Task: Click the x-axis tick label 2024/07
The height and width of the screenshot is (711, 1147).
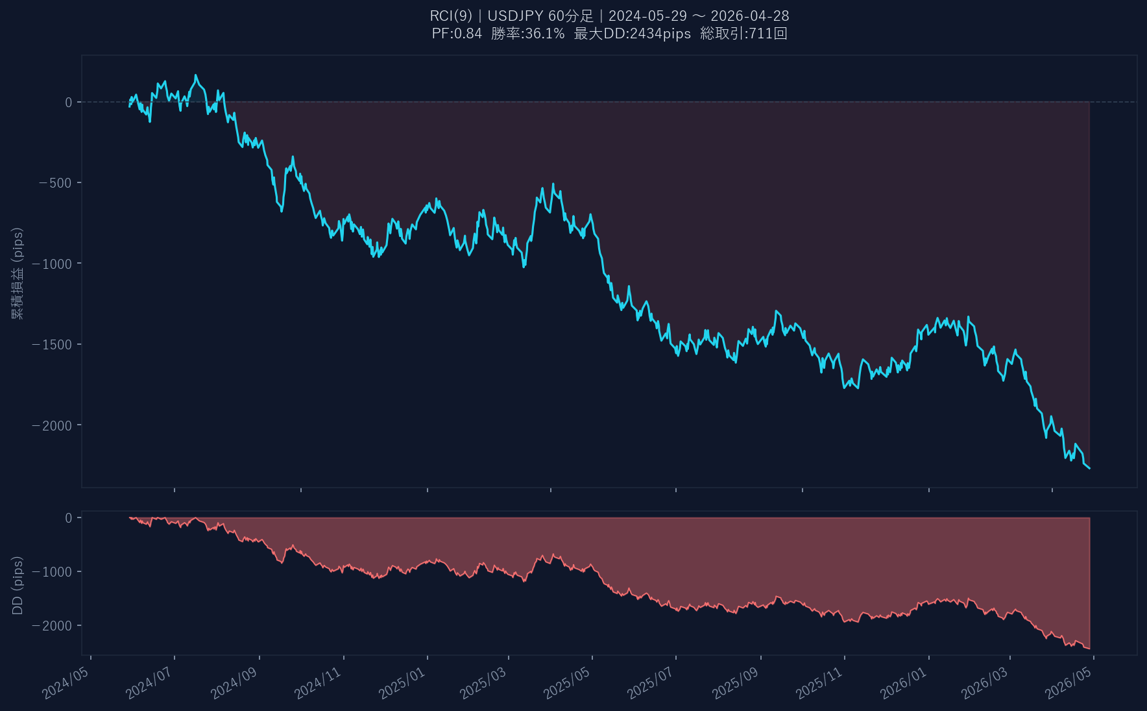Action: [x=149, y=682]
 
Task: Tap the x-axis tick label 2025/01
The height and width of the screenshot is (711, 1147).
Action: [x=402, y=682]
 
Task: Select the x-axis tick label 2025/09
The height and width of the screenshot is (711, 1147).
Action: [x=735, y=682]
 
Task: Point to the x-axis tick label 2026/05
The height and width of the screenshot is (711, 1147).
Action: [x=1069, y=682]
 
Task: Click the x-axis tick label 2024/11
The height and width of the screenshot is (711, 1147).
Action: [x=318, y=682]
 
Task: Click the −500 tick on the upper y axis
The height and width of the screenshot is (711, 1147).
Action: [x=55, y=183]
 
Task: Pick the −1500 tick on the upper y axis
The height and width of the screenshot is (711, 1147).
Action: [x=52, y=345]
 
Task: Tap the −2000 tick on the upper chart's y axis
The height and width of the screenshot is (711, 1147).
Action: [x=52, y=425]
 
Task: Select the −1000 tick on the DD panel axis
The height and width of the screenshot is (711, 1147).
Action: [x=52, y=572]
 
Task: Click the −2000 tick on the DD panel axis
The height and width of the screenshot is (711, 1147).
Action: [x=52, y=626]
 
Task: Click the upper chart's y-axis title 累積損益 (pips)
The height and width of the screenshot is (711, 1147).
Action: [x=18, y=273]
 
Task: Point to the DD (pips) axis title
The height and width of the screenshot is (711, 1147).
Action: [x=18, y=585]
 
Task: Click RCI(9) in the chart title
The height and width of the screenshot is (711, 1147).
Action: [x=451, y=16]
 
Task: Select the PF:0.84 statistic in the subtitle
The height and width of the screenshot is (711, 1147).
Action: [x=457, y=34]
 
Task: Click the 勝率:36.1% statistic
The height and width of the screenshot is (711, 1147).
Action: [x=527, y=34]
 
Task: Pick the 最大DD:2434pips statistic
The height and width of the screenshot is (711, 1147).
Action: [x=633, y=34]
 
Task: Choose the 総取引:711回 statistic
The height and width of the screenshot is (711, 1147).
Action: [x=743, y=34]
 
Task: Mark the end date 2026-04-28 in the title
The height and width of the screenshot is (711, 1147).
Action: [x=750, y=16]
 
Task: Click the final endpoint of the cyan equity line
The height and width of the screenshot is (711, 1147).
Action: [x=1089, y=468]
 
